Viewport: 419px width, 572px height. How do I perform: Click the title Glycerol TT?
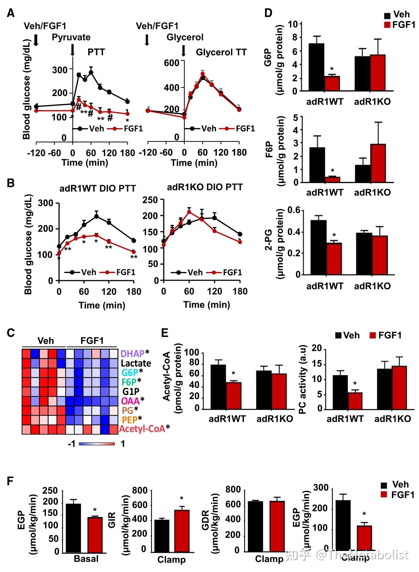pos(221,52)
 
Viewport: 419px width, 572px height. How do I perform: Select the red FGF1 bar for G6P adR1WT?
pos(332,83)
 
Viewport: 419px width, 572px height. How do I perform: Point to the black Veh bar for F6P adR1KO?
pos(363,174)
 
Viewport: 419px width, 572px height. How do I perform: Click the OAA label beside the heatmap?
pos(130,401)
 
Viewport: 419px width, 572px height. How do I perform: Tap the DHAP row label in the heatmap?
pos(132,353)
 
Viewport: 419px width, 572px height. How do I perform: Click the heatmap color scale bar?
pos(97,444)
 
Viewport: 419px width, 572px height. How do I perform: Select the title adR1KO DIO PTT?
pos(205,187)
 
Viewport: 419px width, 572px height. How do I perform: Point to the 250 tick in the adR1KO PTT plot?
pos(150,200)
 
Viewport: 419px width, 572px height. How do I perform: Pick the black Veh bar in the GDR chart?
pos(255,527)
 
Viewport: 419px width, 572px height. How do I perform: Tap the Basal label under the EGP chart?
pos(86,559)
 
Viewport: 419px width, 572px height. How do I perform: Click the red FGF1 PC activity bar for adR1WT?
pos(355,401)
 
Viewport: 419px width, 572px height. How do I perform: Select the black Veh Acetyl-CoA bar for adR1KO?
pos(264,390)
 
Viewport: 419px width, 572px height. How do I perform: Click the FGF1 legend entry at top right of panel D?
pos(400,25)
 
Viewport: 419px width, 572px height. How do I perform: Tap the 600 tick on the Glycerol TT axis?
pos(172,63)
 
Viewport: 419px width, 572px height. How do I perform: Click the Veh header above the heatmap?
pos(45,341)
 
